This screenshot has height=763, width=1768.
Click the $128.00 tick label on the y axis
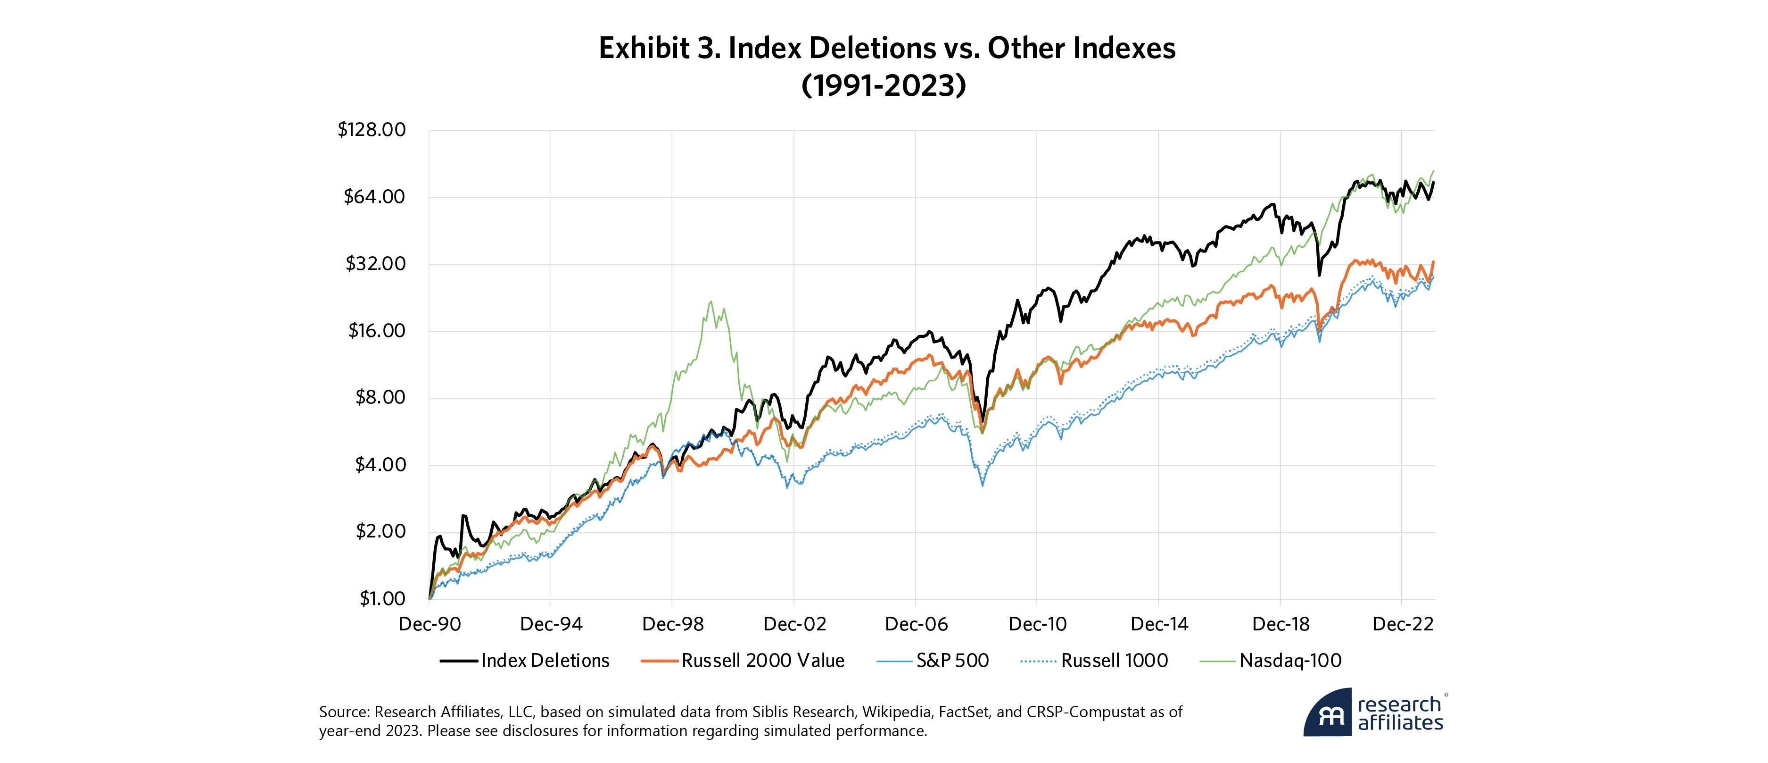pyautogui.click(x=372, y=130)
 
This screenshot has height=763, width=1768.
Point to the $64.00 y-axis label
pyautogui.click(x=374, y=197)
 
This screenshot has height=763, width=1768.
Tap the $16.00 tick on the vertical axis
pyautogui.click(x=376, y=331)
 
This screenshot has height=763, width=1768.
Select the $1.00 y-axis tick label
pyautogui.click(x=382, y=598)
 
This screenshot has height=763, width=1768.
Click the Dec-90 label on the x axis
pyautogui.click(x=430, y=624)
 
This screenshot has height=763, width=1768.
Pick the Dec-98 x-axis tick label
pyautogui.click(x=673, y=624)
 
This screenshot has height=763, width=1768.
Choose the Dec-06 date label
pyautogui.click(x=916, y=624)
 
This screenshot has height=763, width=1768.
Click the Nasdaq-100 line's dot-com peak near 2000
pyautogui.click(x=711, y=302)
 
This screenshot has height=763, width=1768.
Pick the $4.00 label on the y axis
pyautogui.click(x=380, y=465)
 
